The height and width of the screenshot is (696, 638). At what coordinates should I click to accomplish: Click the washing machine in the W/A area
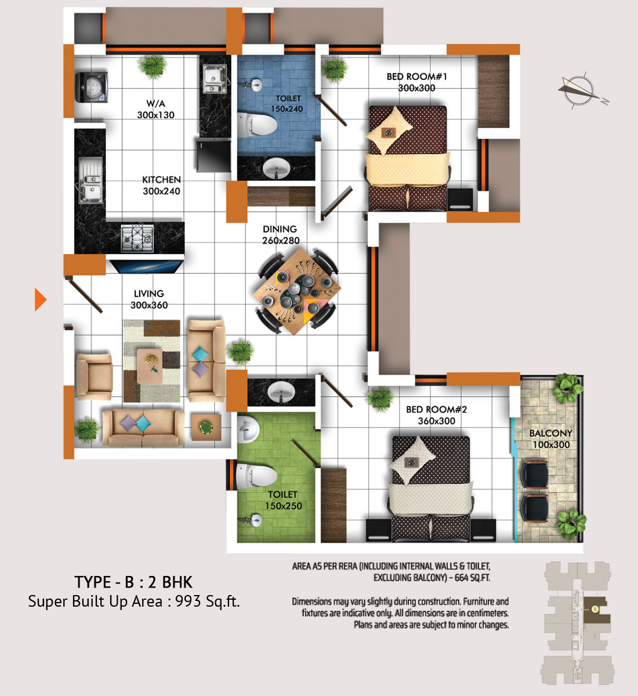coord(92,87)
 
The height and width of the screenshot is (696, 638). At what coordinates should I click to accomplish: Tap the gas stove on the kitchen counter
coord(137,238)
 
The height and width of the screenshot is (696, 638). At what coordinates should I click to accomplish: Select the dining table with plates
coord(297,291)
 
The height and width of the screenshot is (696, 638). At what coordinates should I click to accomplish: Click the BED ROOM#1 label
coord(416,77)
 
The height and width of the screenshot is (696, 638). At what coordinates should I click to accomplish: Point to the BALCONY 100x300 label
coord(551,439)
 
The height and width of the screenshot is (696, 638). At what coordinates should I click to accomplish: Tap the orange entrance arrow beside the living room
coord(40,299)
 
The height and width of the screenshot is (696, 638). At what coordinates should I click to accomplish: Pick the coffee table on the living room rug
coord(150,366)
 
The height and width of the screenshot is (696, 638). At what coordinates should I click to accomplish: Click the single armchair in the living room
coord(94,376)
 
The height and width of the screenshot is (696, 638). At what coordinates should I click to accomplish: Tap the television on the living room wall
coord(147,266)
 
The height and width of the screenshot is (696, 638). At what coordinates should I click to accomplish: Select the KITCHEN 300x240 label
coord(161,185)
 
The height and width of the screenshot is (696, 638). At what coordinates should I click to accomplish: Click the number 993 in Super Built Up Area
coord(188,601)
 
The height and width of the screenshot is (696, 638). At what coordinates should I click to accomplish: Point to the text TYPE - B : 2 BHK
coord(133,582)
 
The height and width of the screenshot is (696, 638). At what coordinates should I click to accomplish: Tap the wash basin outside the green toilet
coord(281,392)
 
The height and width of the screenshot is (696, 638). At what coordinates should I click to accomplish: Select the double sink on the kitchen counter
coord(89,180)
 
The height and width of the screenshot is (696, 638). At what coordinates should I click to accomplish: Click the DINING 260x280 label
coord(281,234)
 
